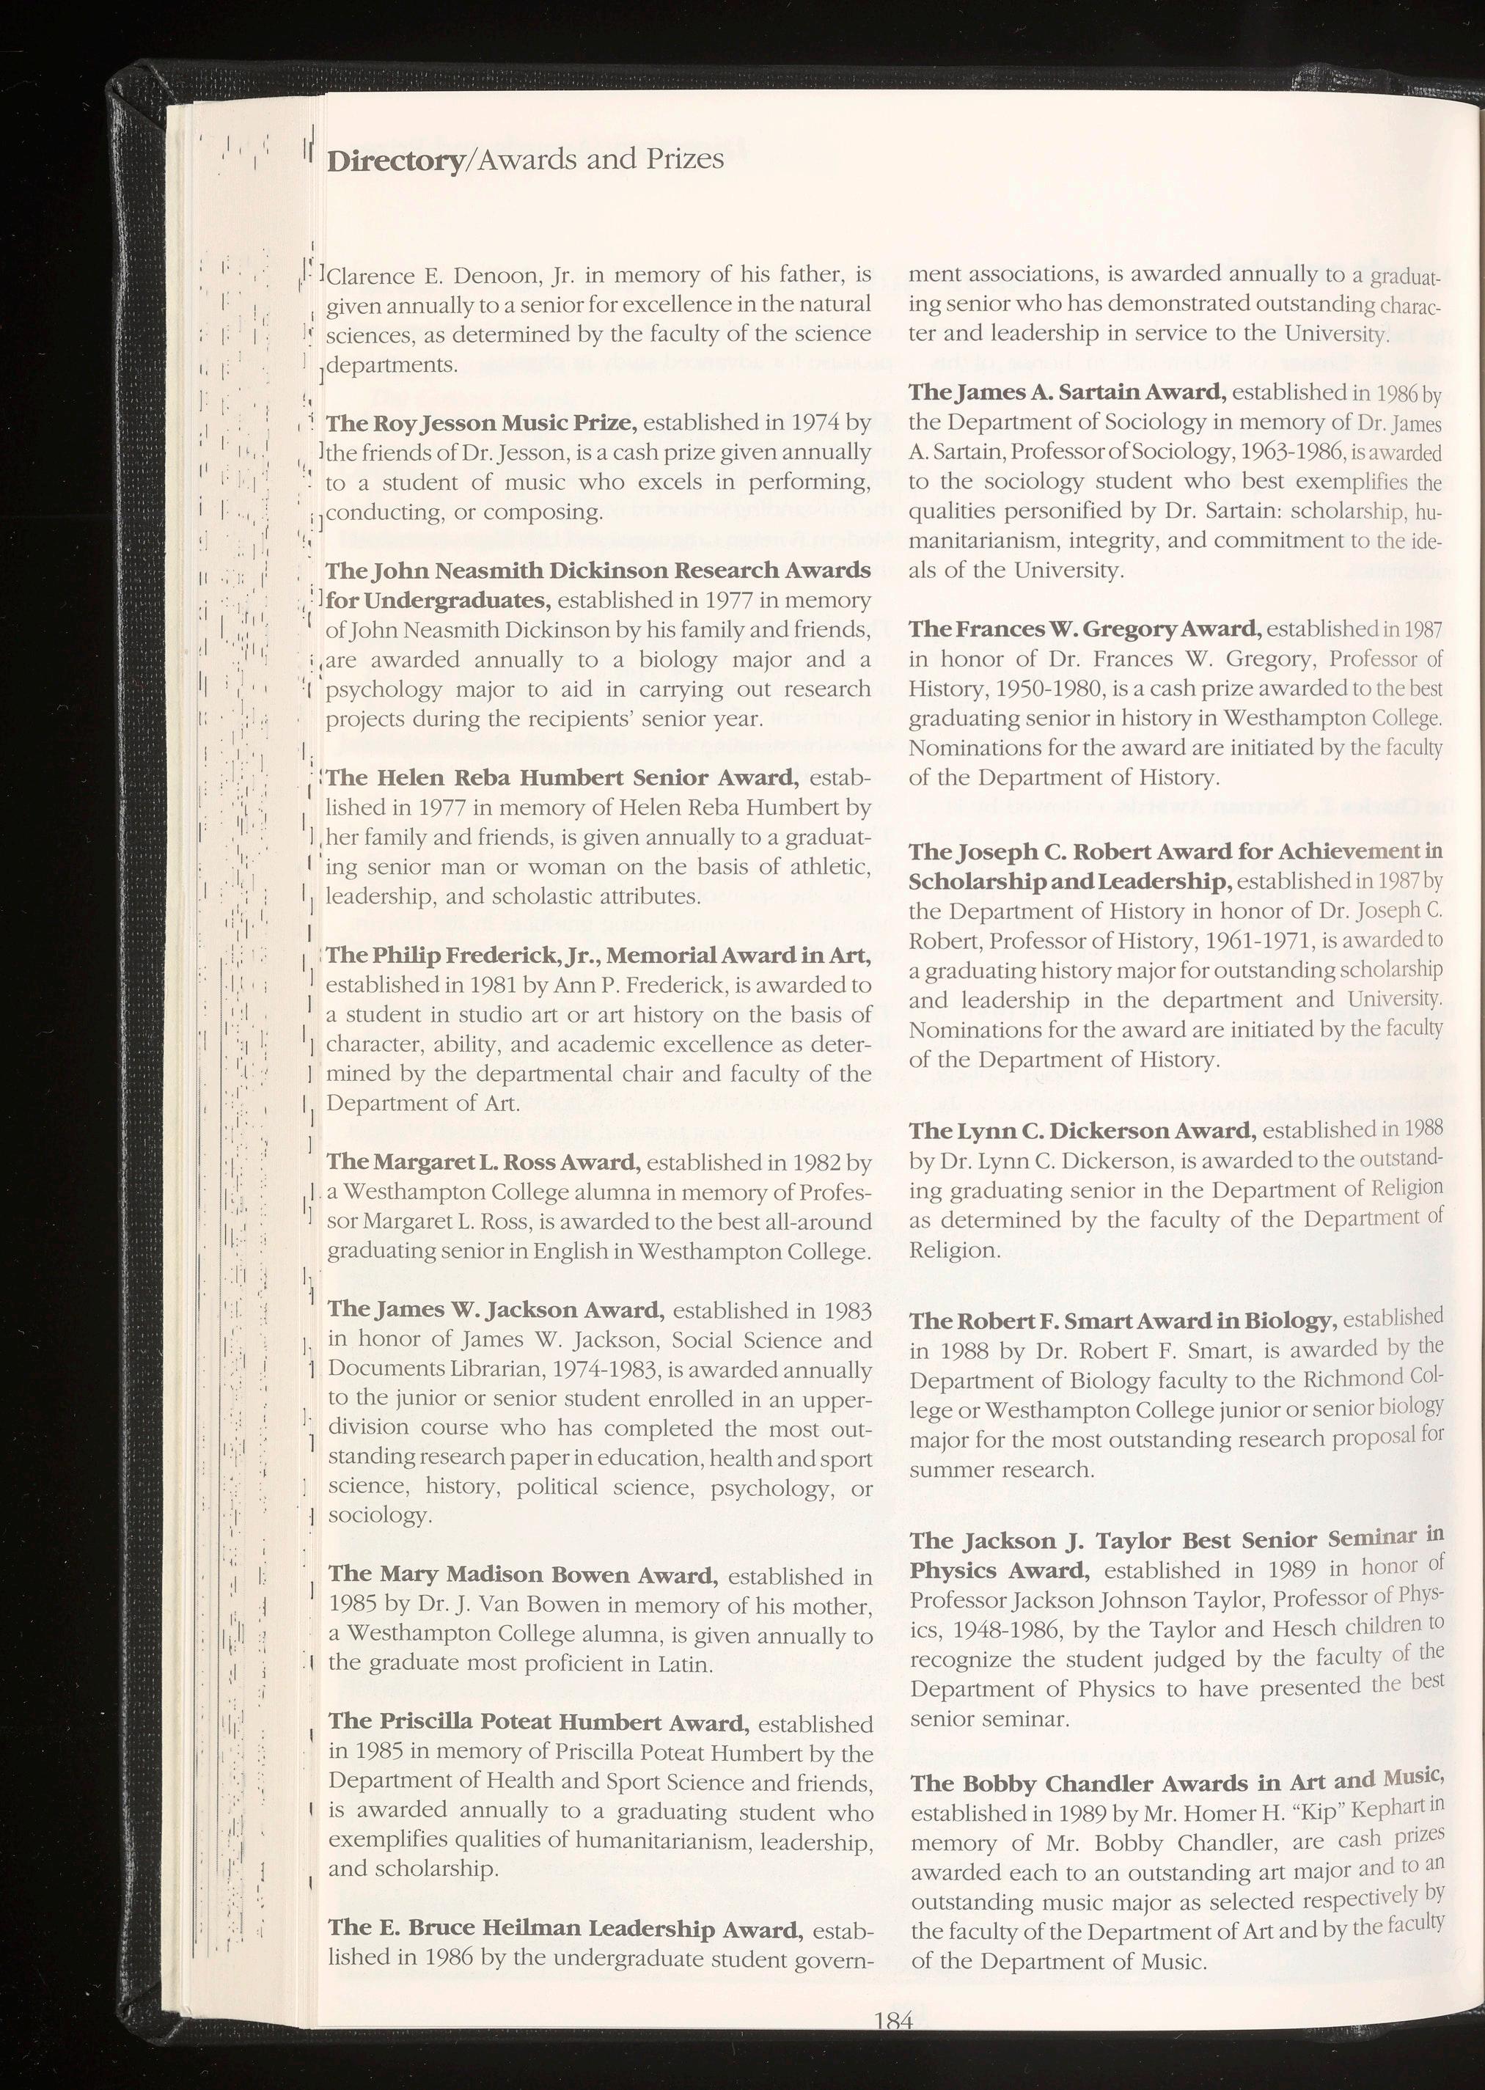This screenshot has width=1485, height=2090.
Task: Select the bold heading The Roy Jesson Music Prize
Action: (x=481, y=423)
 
